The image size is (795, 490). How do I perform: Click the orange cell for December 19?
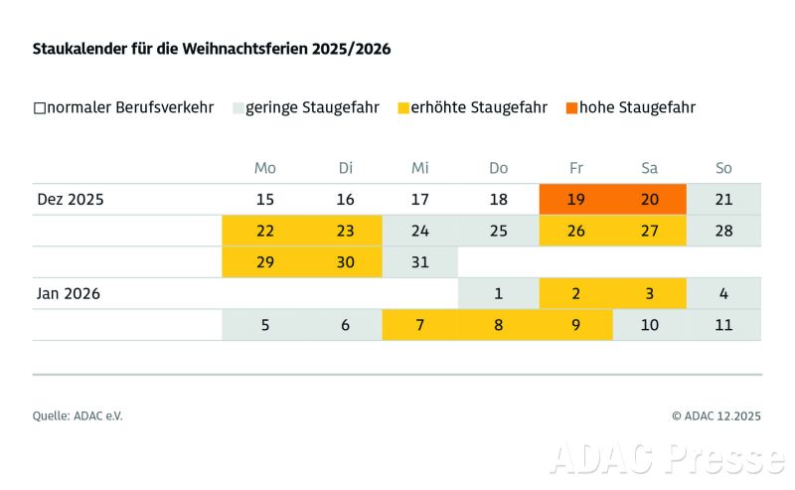(576, 200)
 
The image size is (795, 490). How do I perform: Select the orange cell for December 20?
(650, 200)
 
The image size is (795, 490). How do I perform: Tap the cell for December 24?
(420, 231)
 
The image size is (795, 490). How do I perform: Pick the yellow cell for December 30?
(345, 261)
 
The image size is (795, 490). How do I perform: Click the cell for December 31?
(420, 261)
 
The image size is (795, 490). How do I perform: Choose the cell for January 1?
(498, 293)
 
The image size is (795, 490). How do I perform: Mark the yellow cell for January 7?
(420, 325)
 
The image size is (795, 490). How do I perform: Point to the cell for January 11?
(723, 325)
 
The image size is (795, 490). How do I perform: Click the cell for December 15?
(265, 200)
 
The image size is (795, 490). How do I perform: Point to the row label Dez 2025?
(71, 200)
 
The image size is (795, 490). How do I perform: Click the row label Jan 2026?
(71, 293)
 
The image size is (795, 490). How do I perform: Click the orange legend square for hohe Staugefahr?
(571, 107)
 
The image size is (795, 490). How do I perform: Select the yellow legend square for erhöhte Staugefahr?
(402, 107)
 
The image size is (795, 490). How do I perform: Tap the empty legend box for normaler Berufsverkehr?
(39, 107)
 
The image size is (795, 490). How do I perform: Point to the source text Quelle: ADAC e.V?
(78, 416)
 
